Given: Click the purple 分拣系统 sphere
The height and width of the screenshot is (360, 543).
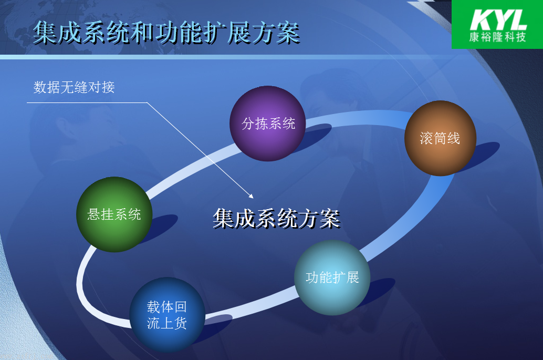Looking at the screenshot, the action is coord(267,124).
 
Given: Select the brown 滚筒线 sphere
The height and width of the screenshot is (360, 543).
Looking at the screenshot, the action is coord(440,138).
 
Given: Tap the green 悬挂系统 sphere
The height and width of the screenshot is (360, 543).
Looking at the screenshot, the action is coord(114,214).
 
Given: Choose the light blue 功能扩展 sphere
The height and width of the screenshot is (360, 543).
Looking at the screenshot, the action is coord(332,277).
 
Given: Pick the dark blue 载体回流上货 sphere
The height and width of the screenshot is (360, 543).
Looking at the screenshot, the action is coord(168,315).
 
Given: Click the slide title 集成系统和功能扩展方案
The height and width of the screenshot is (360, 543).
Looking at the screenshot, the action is coord(166,33).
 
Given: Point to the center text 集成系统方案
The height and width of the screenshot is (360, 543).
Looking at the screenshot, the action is coord(276,219).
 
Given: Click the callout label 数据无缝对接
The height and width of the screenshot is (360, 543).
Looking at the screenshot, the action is coord(74,87).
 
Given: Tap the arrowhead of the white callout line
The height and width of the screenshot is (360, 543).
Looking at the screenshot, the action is coord(252,197).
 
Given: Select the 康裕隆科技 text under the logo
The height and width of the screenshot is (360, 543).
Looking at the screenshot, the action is coord(498,37).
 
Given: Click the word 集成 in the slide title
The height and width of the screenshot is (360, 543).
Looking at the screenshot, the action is coord(57,33).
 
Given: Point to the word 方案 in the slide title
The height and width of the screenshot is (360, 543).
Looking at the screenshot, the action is coord(276,33).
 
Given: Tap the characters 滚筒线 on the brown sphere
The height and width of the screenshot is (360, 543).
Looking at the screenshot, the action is coord(440,138).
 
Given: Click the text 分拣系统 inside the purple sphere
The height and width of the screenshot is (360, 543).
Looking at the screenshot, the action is coord(268,124).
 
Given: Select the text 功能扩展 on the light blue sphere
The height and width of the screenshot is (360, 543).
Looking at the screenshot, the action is coord(332,277).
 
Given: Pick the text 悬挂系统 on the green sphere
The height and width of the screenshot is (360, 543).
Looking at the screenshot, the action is coord(114,214).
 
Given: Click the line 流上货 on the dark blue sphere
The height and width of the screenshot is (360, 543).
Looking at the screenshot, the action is coord(167,323).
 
